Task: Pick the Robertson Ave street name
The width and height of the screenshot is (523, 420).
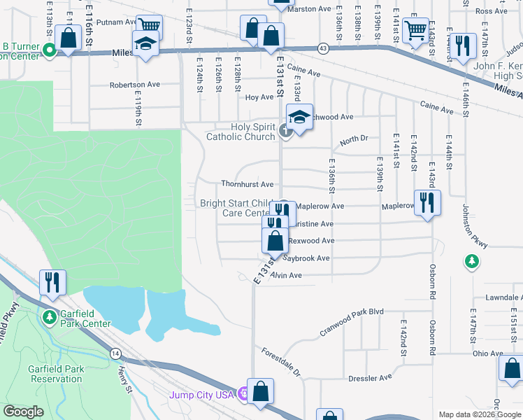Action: click(134, 85)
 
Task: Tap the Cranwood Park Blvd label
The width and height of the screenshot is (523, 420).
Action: click(352, 321)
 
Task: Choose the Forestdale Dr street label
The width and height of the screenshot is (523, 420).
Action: click(280, 361)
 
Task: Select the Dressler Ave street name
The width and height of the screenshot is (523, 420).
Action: click(370, 378)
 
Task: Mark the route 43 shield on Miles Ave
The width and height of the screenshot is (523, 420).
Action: click(322, 48)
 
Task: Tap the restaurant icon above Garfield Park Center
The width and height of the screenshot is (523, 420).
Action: click(52, 281)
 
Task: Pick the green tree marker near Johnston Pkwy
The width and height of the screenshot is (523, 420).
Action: click(473, 262)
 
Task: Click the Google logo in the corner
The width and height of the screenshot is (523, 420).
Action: click(23, 412)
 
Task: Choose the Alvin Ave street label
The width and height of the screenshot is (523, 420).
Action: click(286, 276)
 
